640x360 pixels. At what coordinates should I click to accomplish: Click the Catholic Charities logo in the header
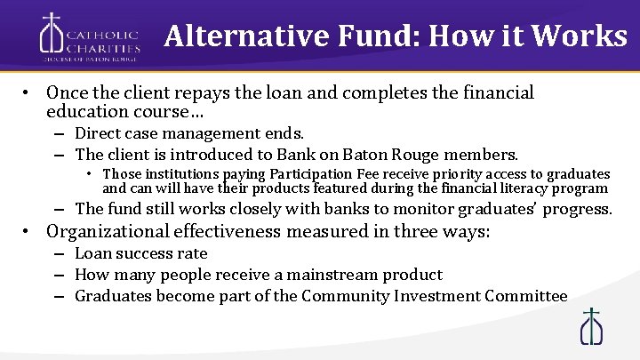pos(89,36)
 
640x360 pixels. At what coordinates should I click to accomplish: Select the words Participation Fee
pos(309,174)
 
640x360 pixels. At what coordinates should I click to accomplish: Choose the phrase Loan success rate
pos(141,254)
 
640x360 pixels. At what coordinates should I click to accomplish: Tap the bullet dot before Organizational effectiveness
pos(28,233)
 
